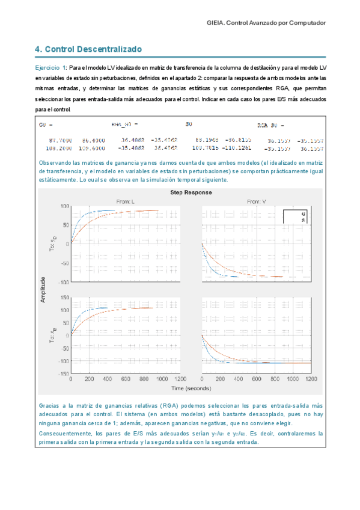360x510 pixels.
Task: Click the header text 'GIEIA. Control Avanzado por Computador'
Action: tap(265, 22)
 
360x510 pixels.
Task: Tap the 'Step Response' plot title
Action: tap(191, 192)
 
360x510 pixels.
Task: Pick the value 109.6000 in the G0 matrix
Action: tap(93, 147)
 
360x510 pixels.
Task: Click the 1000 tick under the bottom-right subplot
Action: tap(293, 379)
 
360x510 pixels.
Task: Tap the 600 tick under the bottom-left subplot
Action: tap(125, 379)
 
